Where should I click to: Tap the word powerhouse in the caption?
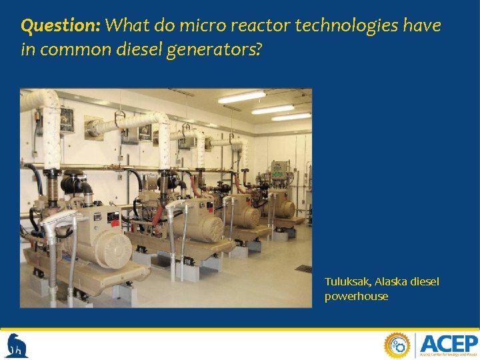click(x=356, y=296)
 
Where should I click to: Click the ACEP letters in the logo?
click(x=449, y=344)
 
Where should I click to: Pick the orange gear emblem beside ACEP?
click(x=397, y=345)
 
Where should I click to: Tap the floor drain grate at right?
click(x=303, y=268)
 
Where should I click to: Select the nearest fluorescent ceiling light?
click(x=242, y=97)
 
